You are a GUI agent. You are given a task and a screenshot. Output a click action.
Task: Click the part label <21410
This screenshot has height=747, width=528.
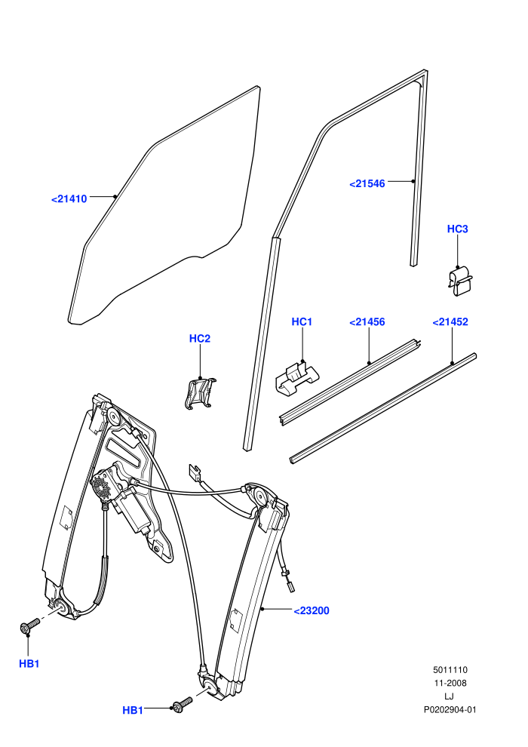point(69,199)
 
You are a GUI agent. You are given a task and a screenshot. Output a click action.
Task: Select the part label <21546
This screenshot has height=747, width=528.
point(367,183)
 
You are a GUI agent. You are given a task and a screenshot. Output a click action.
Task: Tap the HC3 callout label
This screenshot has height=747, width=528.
point(458,229)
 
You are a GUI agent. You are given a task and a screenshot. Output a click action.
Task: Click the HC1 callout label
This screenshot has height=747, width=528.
point(302,321)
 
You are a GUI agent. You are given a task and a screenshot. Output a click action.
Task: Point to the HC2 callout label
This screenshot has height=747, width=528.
point(199,338)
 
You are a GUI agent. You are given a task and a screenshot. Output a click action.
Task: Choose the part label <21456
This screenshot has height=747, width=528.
point(367,321)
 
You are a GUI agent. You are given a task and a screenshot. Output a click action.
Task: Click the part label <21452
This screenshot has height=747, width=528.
point(450,321)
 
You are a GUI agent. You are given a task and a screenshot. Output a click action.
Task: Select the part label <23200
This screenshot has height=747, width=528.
point(312,610)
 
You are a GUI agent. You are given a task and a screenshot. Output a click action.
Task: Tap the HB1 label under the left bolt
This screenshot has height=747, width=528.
point(29,663)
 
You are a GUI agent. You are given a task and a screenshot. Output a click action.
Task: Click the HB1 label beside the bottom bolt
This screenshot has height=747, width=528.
point(133,710)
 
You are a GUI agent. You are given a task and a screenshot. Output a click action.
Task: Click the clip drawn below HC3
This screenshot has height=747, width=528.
point(460,282)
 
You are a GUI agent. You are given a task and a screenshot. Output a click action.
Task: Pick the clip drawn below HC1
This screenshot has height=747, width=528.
point(296,377)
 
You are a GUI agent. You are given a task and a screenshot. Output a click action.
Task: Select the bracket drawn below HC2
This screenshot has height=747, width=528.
point(199,394)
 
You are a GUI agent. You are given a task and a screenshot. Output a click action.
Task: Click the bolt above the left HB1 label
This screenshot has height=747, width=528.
point(30,626)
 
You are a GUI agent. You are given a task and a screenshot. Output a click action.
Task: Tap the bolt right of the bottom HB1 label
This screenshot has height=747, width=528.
point(183,705)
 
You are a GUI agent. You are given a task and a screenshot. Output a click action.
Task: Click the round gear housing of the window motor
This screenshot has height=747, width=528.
point(101,487)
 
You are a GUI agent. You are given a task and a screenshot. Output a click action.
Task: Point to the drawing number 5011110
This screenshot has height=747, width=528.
point(450,670)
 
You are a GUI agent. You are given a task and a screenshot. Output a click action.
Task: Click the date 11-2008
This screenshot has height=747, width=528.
point(450,683)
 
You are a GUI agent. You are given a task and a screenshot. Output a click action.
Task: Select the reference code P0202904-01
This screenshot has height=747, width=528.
point(450,710)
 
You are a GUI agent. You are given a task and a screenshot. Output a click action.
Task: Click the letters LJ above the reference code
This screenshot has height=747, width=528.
point(450,696)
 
